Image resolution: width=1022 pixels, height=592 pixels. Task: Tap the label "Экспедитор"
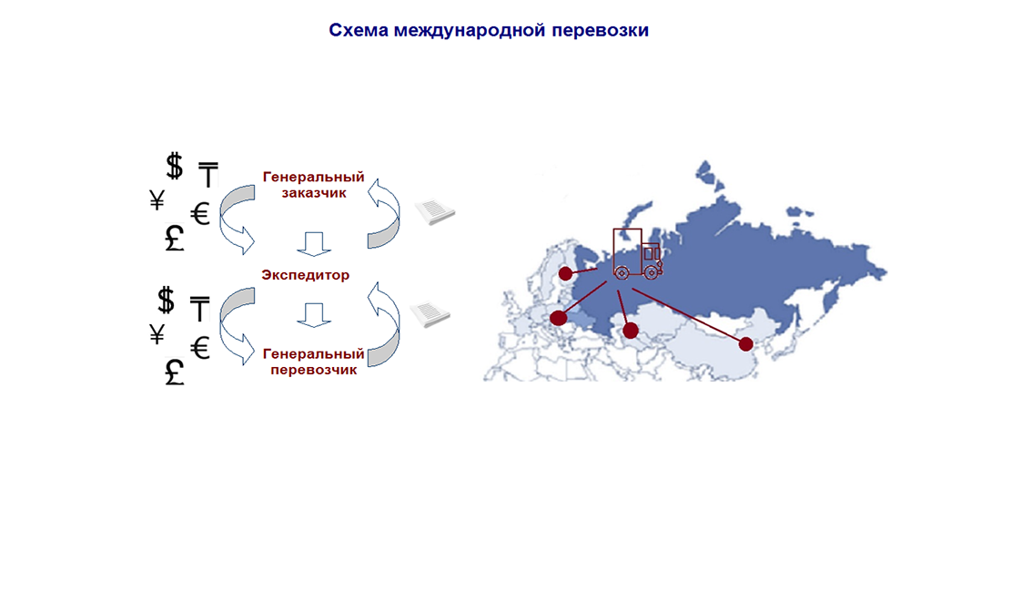tap(306, 275)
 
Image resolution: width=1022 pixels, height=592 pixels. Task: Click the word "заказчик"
tap(314, 193)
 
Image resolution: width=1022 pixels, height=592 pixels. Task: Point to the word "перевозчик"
tap(314, 370)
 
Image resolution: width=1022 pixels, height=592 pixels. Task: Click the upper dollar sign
tap(174, 166)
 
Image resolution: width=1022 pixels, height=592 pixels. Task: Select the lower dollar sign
tap(167, 300)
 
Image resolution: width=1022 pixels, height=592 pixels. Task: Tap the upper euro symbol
tap(200, 214)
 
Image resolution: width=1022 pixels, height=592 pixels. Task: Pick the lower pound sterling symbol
tap(174, 373)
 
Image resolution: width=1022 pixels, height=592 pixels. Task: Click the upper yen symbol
tap(157, 200)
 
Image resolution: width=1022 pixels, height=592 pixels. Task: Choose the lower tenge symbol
tap(199, 309)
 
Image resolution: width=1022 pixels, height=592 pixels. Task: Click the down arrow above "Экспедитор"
tap(314, 243)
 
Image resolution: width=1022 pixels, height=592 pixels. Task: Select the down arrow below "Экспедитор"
tap(314, 315)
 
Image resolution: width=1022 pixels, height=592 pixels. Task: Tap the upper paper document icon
tap(435, 211)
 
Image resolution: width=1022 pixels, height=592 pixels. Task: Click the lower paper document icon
tap(430, 313)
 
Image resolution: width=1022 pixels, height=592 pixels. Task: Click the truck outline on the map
tap(637, 254)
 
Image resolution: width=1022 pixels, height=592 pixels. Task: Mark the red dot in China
tap(745, 343)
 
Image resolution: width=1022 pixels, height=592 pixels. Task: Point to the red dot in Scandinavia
tap(565, 274)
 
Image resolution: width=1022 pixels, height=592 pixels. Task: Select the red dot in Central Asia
tap(631, 331)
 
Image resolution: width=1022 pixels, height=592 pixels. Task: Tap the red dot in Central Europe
tap(559, 318)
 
